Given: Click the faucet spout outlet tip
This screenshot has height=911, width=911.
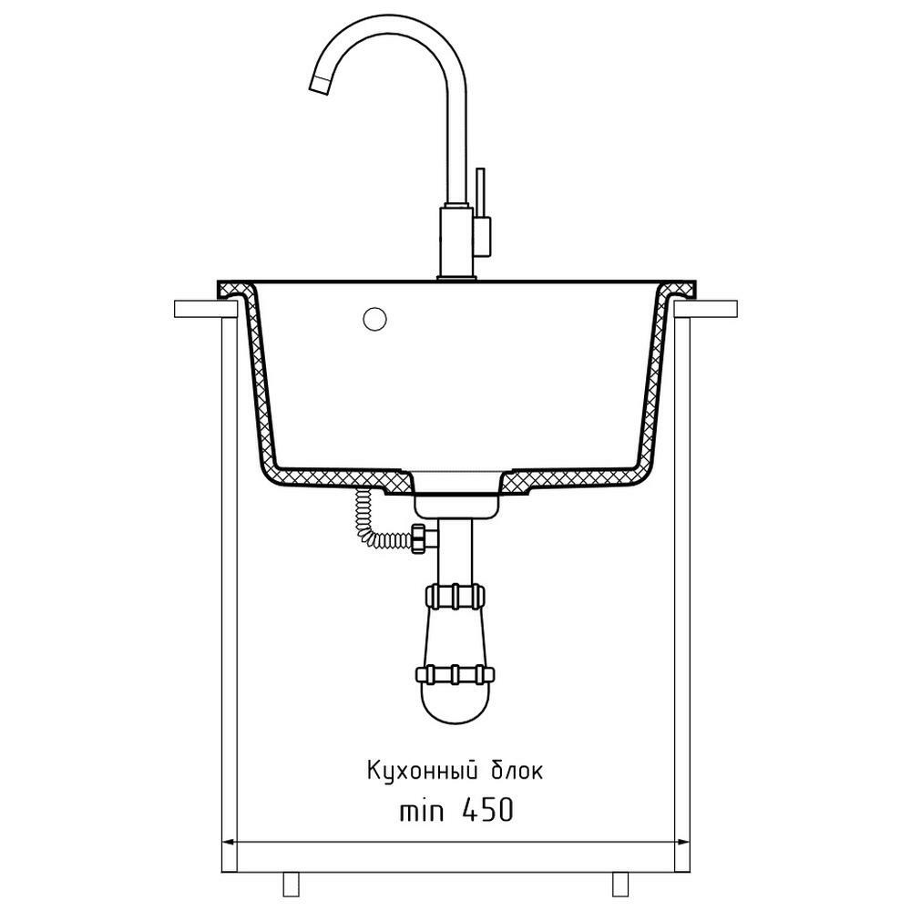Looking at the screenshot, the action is pos(319,86).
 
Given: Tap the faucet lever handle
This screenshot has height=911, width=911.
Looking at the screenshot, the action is pos(480,192).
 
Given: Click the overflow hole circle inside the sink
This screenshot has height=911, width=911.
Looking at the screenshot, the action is pos(374,318).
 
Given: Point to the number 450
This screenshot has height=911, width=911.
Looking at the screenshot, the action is pos(486,810).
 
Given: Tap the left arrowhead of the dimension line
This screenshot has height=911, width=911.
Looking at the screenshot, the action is pos(229,841).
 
